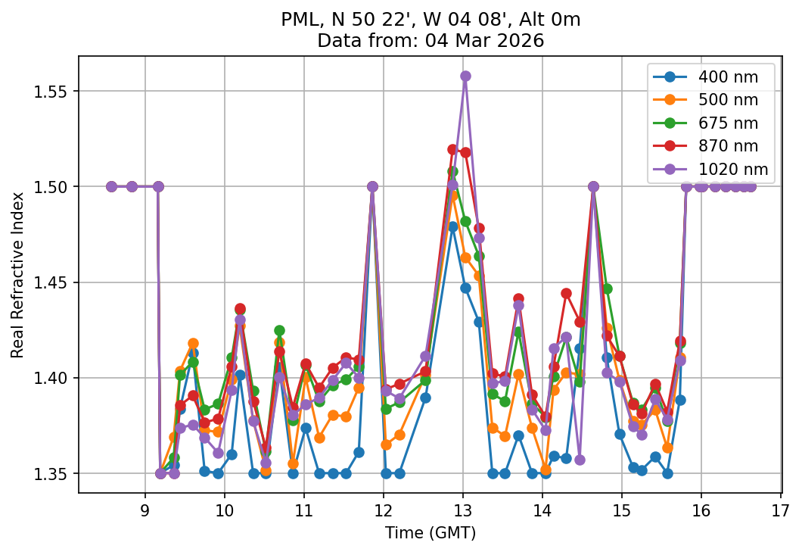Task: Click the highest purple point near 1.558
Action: (x=465, y=76)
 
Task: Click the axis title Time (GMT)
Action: (x=430, y=533)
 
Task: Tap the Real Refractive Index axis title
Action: (x=17, y=275)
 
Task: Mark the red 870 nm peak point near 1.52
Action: (x=452, y=150)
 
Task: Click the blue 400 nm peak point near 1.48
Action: (x=452, y=226)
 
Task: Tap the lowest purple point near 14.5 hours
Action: (x=580, y=460)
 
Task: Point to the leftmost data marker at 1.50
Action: (x=111, y=186)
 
